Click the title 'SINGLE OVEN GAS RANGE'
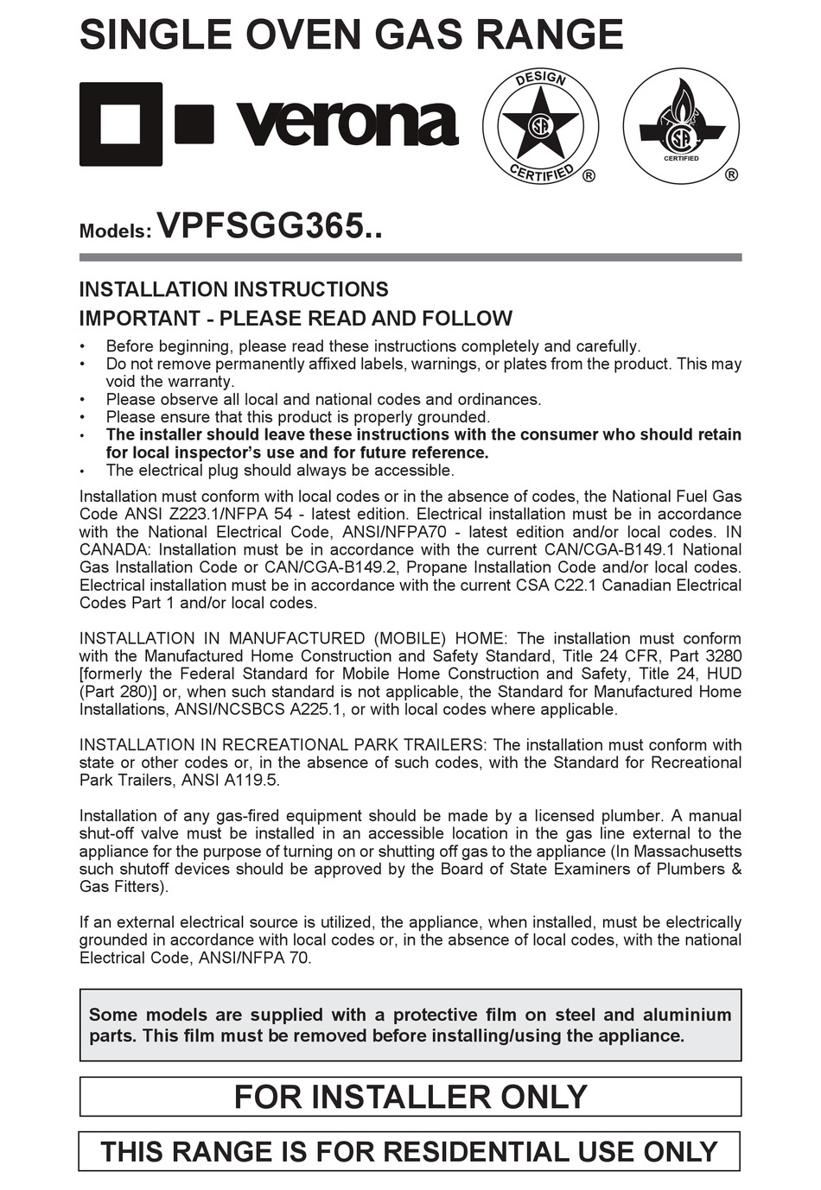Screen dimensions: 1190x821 click(x=351, y=35)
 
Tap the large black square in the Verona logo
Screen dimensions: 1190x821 click(x=121, y=124)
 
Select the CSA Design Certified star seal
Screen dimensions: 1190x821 click(x=540, y=126)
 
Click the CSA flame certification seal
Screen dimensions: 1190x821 click(x=681, y=125)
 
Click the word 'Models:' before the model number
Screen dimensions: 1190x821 click(x=115, y=231)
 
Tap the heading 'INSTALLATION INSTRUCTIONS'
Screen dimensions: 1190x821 click(x=233, y=289)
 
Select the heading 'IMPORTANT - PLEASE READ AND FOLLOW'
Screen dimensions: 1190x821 click(x=296, y=319)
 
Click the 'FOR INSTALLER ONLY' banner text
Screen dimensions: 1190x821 click(x=410, y=1097)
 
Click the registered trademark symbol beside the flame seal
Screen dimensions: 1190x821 click(x=731, y=175)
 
